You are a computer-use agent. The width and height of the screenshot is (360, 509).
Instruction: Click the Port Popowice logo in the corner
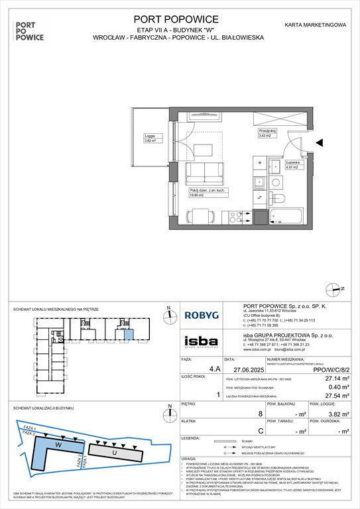point(29,29)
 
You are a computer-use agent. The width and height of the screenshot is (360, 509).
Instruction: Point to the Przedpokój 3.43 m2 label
point(267,133)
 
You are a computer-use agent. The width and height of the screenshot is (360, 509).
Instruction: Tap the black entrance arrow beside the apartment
point(320,142)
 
